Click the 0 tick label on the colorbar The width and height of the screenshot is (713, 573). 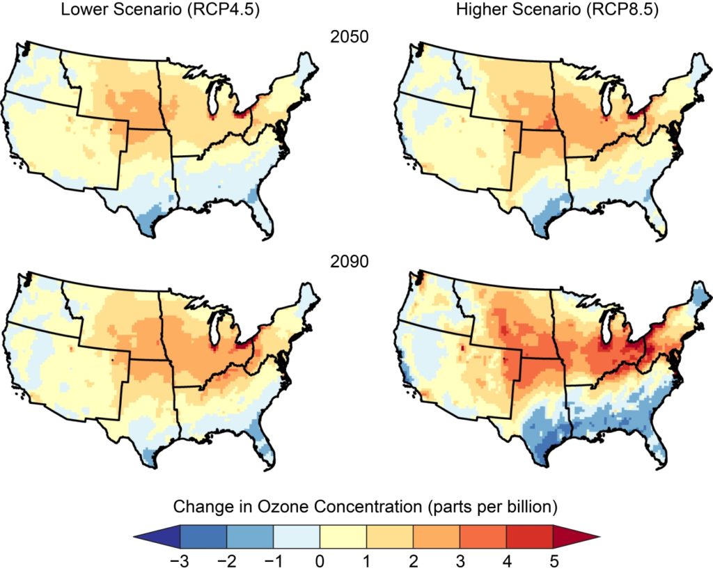point(320,559)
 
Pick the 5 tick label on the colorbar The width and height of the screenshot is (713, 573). point(553,559)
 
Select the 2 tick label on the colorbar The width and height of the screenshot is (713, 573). point(413,559)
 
